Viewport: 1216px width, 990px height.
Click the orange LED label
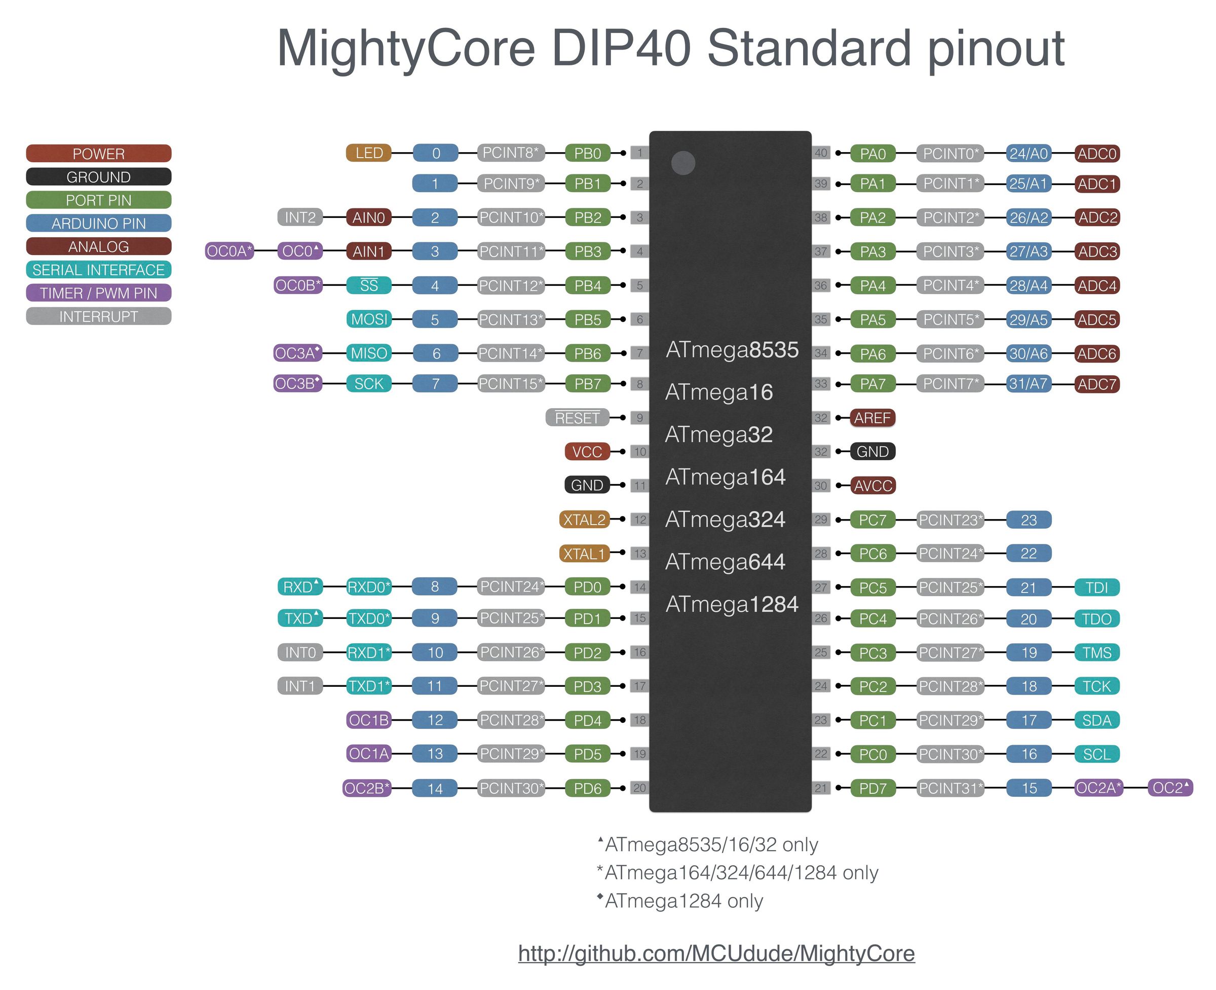[x=368, y=153]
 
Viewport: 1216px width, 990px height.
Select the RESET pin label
[x=577, y=418]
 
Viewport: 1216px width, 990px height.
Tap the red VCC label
[x=587, y=452]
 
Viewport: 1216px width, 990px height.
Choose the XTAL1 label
[x=584, y=553]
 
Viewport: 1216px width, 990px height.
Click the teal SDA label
[x=1096, y=720]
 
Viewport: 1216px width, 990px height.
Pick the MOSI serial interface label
[x=369, y=319]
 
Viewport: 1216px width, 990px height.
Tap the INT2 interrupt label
[x=300, y=217]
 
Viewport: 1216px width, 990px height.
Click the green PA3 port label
[x=872, y=251]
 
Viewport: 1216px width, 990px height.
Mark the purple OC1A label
[x=369, y=754]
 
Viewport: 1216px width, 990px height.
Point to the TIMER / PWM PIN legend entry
[x=99, y=293]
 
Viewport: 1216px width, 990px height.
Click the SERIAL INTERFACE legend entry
[x=99, y=270]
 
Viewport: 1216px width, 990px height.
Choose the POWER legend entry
[x=99, y=154]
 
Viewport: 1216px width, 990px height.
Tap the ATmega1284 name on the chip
[x=732, y=604]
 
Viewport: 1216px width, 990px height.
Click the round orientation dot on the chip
[x=683, y=163]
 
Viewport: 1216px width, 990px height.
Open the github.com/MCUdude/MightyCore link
[x=716, y=954]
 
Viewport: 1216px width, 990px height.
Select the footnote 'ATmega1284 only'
[x=683, y=901]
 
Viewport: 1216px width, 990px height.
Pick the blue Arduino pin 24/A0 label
[x=1028, y=154]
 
